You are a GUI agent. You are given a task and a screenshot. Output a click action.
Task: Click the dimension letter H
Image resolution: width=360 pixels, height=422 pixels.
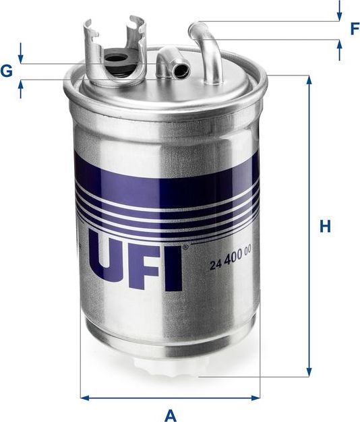click(326, 227)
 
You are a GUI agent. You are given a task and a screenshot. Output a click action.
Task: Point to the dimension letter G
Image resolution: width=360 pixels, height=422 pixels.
click(7, 70)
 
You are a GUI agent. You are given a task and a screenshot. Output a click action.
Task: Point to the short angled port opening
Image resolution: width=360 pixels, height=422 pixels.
click(180, 68)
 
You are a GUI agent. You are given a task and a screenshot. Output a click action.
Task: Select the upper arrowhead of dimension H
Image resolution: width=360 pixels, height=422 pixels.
click(309, 80)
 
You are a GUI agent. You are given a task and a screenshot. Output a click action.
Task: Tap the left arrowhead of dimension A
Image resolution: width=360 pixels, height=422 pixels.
click(84, 398)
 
